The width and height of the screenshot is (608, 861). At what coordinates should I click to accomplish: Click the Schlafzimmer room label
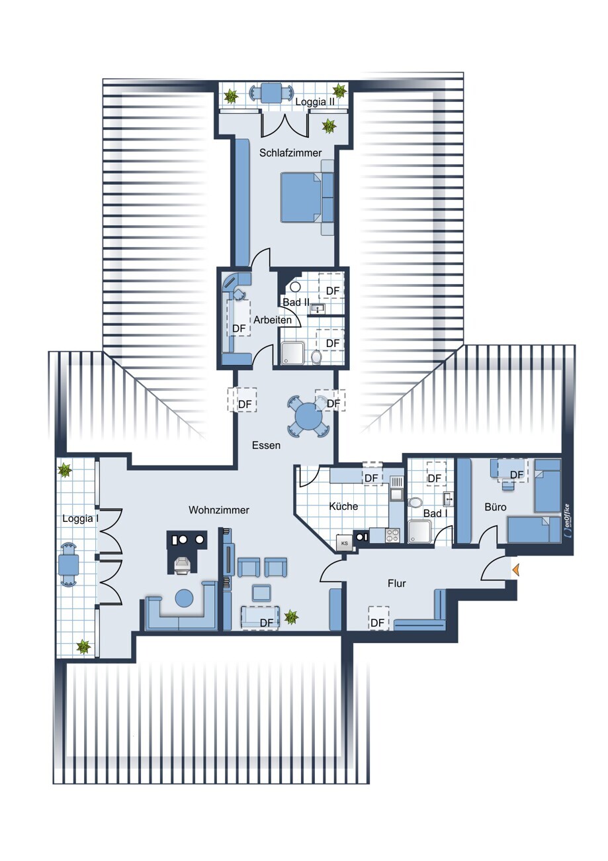point(290,153)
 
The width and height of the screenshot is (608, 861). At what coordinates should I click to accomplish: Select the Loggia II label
point(315,102)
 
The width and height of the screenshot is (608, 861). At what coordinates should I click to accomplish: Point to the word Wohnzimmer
point(219,510)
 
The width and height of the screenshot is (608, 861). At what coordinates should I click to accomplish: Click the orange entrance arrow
point(515,569)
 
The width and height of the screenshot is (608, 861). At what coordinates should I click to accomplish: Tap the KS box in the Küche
point(345,543)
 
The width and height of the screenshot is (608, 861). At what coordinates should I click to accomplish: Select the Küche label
point(343,506)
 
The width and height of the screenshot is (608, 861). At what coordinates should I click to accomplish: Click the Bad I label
point(435,513)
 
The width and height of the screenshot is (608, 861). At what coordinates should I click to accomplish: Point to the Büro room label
point(495,507)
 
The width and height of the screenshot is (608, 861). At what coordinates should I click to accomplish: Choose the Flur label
point(396,583)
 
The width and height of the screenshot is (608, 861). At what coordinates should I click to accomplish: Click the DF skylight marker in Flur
point(378,622)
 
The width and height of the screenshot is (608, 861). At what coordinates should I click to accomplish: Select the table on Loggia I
point(68,565)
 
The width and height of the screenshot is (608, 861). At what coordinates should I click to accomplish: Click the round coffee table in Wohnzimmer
point(184,599)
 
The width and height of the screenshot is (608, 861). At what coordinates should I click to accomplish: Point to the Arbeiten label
point(273,320)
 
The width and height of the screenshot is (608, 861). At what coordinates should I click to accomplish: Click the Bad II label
point(296,302)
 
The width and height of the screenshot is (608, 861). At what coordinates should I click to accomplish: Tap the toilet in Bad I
point(415,503)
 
